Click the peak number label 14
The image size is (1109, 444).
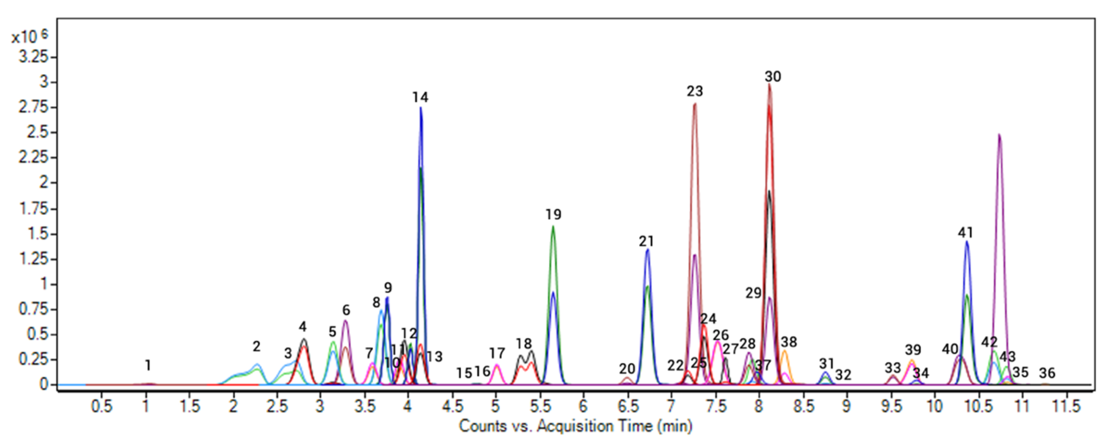[420, 97]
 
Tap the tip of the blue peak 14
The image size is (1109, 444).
[421, 108]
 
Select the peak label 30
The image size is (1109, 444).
[773, 77]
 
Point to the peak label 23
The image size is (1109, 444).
[695, 91]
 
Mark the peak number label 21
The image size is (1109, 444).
[646, 242]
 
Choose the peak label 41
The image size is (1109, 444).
[965, 233]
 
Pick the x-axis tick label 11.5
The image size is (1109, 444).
[1067, 406]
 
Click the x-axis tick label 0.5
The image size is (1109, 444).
[101, 406]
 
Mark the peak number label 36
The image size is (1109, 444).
[1047, 373]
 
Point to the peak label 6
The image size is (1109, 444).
[346, 310]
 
